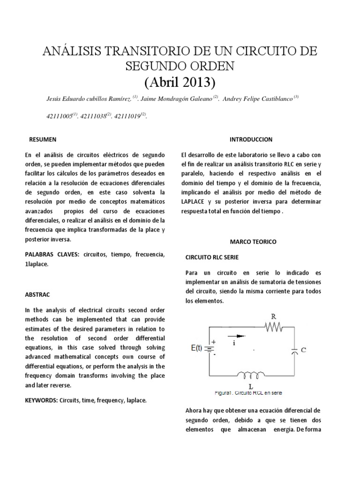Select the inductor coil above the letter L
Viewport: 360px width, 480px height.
pos(251,375)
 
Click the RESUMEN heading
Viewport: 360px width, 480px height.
pos(43,140)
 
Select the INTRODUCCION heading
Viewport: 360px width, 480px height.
pos(251,140)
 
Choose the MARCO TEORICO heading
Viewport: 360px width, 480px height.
pos(253,242)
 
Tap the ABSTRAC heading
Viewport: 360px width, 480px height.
pos(37,295)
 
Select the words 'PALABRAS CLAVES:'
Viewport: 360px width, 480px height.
pos(52,254)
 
